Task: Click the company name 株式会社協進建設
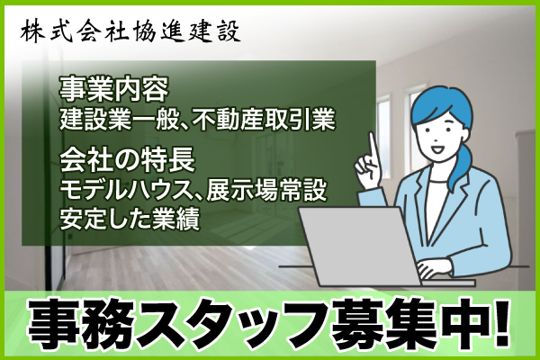point(130,32)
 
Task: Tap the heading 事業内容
point(114,89)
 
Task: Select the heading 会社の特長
point(128,160)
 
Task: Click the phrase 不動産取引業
point(264,120)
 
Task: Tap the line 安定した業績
point(130,219)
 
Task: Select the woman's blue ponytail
point(463,166)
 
